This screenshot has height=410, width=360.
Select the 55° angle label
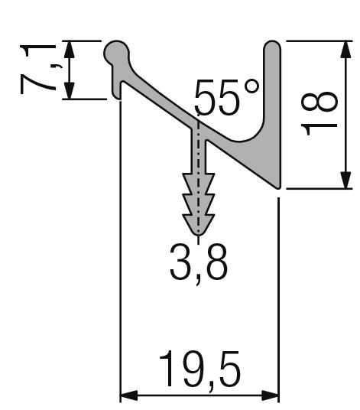(x=226, y=97)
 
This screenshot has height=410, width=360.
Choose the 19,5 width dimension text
(x=199, y=370)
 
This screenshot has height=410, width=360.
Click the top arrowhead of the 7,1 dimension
(x=70, y=48)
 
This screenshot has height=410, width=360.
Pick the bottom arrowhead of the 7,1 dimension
(x=70, y=91)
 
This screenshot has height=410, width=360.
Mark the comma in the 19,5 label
(x=201, y=385)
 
